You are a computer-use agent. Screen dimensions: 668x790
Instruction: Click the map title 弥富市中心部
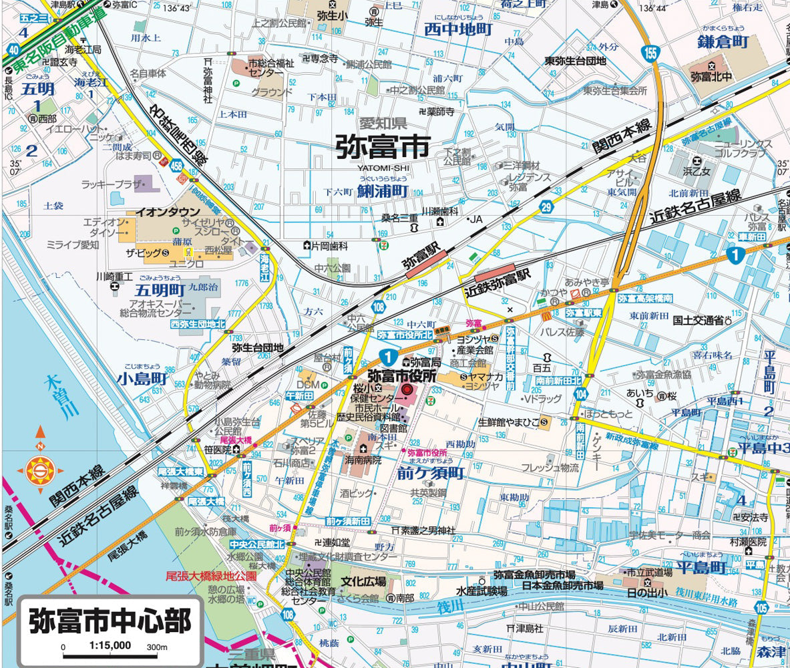tap(110, 621)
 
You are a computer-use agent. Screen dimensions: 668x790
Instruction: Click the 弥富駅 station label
tap(423, 256)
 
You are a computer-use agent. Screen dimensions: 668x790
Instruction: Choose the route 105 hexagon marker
tap(762, 607)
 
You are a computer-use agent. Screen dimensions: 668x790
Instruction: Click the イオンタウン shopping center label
tap(163, 211)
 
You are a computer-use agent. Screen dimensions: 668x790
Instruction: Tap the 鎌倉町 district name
tap(724, 42)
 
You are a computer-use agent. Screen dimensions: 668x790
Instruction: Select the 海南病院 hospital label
tap(364, 460)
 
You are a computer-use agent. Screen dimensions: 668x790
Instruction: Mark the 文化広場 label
tap(363, 581)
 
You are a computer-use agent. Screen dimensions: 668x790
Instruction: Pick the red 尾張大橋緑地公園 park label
tap(210, 575)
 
